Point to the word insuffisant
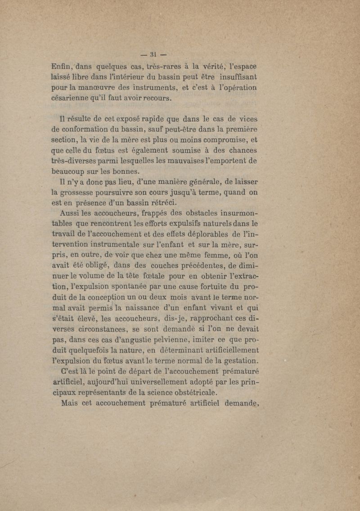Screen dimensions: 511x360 (236, 78)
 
